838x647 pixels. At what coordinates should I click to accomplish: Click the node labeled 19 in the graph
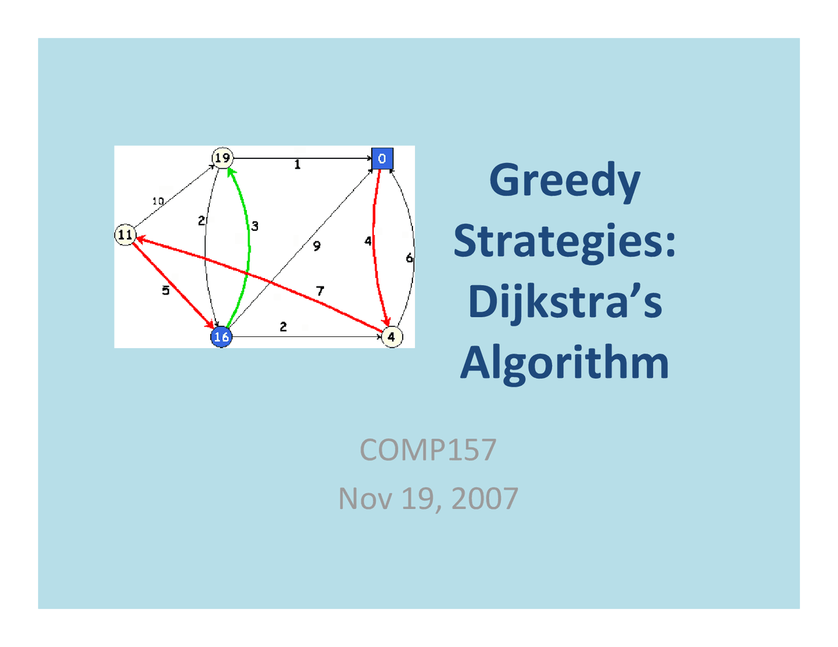tap(223, 158)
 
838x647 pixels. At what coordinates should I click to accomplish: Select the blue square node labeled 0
tap(382, 158)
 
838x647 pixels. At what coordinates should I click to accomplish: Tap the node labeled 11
tap(125, 235)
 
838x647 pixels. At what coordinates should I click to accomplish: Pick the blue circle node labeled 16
tap(221, 337)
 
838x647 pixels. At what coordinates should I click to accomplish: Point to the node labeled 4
tap(392, 337)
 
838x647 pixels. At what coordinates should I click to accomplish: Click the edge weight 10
tap(158, 201)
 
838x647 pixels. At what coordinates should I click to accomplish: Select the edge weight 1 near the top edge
tap(297, 165)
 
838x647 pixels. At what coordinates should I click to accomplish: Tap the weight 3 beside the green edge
tap(255, 226)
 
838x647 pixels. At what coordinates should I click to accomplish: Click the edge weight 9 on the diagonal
tap(317, 246)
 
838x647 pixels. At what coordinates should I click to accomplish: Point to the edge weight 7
tap(319, 291)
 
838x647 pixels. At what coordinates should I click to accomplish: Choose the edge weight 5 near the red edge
tap(166, 290)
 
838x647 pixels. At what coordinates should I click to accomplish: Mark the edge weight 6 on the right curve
tap(409, 258)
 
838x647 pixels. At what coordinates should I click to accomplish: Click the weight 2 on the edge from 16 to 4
tap(283, 326)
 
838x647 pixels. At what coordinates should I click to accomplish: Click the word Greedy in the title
tap(564, 181)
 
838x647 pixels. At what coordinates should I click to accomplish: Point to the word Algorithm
tap(564, 362)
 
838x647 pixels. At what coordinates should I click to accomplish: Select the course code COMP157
tap(428, 450)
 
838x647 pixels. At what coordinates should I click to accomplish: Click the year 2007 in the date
tap(484, 499)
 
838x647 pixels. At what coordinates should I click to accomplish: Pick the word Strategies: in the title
tap(564, 241)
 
